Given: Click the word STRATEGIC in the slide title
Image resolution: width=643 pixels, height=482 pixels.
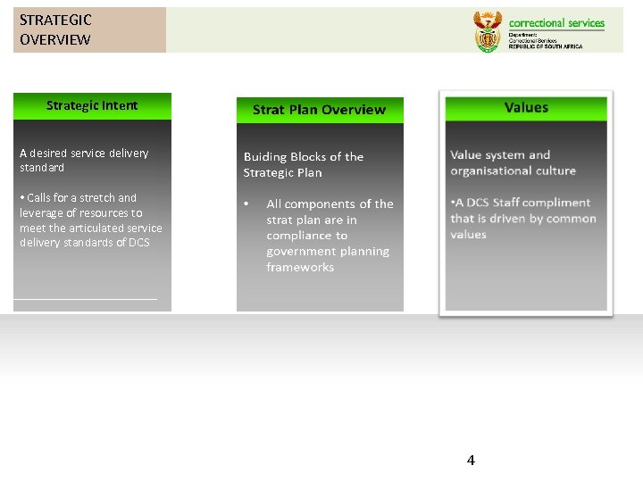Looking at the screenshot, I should tap(55, 20).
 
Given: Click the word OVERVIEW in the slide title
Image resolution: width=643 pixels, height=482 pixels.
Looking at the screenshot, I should tap(54, 39).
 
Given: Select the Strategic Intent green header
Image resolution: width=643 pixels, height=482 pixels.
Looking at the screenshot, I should tap(92, 105).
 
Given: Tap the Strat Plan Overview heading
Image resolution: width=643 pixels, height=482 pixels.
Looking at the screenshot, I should tap(319, 110).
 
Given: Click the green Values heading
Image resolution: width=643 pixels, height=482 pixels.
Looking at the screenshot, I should tap(526, 107).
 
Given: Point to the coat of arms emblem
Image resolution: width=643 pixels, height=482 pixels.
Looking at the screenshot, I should tap(488, 31).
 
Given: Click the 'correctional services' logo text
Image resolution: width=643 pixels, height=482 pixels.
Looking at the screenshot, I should tap(556, 23).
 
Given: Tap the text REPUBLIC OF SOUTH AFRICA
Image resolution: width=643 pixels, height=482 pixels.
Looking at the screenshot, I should tap(545, 46).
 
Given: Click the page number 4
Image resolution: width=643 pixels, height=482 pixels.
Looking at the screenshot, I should tap(471, 461).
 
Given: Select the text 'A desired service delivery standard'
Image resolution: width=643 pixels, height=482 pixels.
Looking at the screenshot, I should tap(84, 160).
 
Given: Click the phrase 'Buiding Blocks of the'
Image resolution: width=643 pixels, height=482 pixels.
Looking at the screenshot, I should tap(304, 157).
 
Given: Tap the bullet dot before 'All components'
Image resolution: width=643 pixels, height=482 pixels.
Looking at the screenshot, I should tap(246, 204).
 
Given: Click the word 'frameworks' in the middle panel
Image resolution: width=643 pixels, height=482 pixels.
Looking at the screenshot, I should tap(300, 267).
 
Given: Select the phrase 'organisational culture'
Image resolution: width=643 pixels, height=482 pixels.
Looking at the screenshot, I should tap(513, 170).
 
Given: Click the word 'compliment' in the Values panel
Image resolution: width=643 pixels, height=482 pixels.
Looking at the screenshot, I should tap(558, 203).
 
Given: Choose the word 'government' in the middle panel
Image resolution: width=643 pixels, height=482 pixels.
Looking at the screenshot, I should tap(303, 251).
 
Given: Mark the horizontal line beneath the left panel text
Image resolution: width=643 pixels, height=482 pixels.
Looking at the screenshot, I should tap(86, 299).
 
